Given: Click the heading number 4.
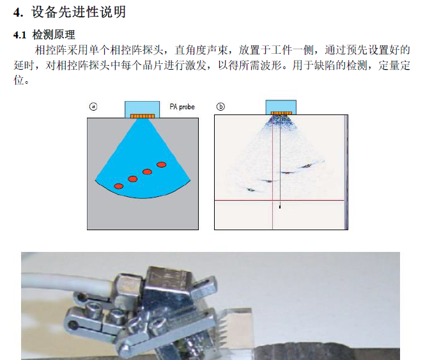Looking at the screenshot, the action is pyautogui.click(x=18, y=13).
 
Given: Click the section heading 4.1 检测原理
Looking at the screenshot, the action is pyautogui.click(x=44, y=35).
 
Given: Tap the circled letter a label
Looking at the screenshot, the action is pyautogui.click(x=93, y=107).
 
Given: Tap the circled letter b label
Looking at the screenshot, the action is pyautogui.click(x=220, y=106).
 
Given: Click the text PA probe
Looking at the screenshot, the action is pyautogui.click(x=182, y=107).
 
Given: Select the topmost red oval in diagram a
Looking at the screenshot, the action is pyautogui.click(x=162, y=164).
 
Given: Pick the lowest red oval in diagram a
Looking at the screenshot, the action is pyautogui.click(x=119, y=186).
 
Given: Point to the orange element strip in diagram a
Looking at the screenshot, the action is pyautogui.click(x=143, y=116).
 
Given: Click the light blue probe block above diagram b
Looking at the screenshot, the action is pyautogui.click(x=281, y=107).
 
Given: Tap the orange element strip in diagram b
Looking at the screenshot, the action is pyautogui.click(x=281, y=113).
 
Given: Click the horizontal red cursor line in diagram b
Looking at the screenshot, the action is pyautogui.click(x=279, y=200).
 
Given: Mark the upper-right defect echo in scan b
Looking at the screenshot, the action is pyautogui.click(x=307, y=166).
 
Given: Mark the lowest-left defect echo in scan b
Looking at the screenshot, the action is pyautogui.click(x=251, y=190).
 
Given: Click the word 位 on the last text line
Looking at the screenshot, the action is pyautogui.click(x=19, y=80).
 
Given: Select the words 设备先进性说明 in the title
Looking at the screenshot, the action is pyautogui.click(x=79, y=12).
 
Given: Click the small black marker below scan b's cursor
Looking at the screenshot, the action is pyautogui.click(x=280, y=206).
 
